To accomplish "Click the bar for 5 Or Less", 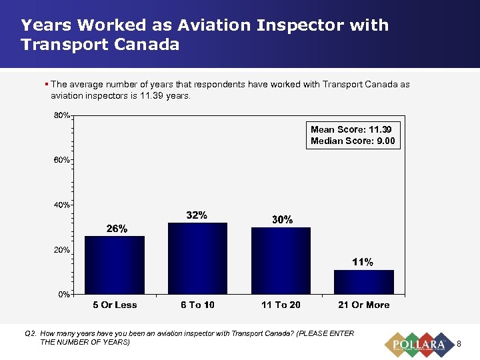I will coord(115,265).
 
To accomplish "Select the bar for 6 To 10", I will coord(197,259).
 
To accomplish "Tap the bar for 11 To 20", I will coord(281,261).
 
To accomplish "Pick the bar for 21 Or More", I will coord(364,282).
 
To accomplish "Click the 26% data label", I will coord(117,229).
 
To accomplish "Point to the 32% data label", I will coord(197,215).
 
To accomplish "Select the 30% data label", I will coord(281,219).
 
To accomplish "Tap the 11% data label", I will coord(363,262).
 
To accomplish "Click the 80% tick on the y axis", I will coord(63,115).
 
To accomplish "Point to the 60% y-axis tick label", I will coord(63,160).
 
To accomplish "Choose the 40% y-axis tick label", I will coord(63,205).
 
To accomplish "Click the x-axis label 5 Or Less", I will coord(115,305).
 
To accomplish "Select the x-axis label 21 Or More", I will coord(363,305).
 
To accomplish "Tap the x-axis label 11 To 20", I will coord(281,305).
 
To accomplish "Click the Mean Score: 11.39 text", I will coord(351,129).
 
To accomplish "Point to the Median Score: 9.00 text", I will coord(353,141).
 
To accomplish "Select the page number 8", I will coord(459,344).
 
